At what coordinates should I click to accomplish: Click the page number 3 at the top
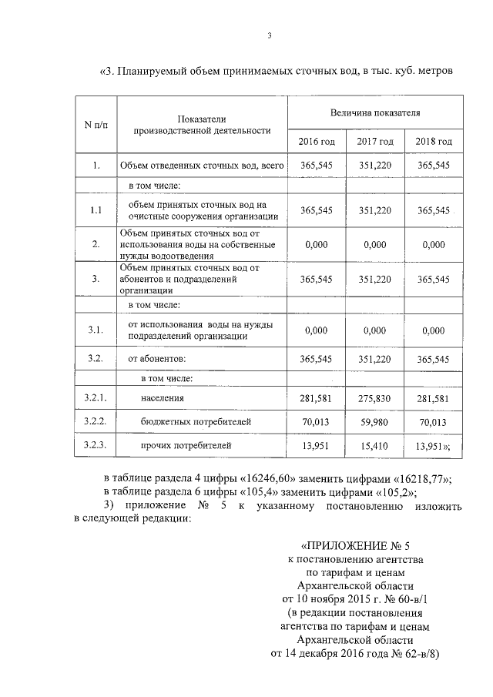pos(270,35)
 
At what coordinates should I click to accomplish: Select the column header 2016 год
pos(317,142)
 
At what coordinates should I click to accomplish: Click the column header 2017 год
pos(375,142)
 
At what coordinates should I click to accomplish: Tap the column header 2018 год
pos(434,142)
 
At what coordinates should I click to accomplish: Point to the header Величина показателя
pos(375,112)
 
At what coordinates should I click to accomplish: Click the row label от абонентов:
pos(157,359)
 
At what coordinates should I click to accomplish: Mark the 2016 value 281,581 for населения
pos(317,398)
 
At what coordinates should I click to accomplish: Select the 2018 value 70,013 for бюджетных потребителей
pos(434,422)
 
